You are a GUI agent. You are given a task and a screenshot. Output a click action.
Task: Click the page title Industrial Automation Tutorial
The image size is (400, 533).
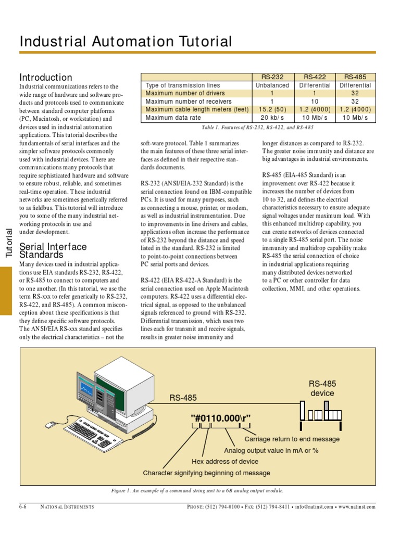tap(126, 42)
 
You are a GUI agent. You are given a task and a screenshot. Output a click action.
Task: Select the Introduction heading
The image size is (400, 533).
tap(46, 77)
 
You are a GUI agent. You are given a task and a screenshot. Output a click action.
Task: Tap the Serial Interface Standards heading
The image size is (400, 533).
tap(53, 250)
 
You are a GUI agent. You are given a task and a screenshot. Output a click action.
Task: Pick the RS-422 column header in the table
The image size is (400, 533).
tap(315, 77)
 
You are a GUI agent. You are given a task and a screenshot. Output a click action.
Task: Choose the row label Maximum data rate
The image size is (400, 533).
tap(173, 118)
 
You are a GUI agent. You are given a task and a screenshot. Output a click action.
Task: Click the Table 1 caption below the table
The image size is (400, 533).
tap(257, 127)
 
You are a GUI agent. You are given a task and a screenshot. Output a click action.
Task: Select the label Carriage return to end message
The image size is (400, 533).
tap(295, 439)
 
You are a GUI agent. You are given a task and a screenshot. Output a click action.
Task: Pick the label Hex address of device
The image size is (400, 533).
tap(225, 461)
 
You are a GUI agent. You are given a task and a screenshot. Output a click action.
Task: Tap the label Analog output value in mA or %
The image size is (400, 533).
tap(271, 450)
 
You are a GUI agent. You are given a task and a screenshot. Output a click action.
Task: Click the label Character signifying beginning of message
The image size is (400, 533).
tap(206, 473)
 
